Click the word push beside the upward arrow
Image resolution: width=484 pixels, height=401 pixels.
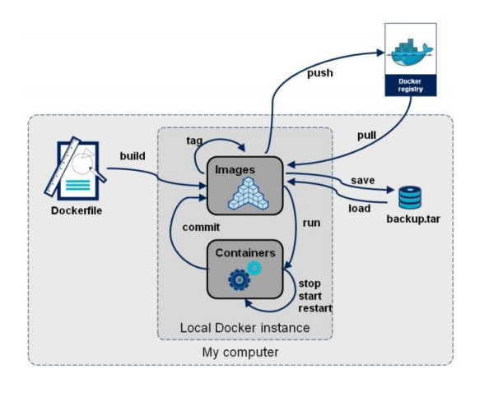pyautogui.click(x=320, y=73)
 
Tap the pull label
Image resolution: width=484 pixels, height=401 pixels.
pyautogui.click(x=367, y=136)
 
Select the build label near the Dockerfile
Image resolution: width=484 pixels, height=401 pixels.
pyautogui.click(x=133, y=156)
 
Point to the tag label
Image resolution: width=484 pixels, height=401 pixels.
pyautogui.click(x=194, y=141)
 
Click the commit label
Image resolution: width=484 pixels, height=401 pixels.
pyautogui.click(x=201, y=228)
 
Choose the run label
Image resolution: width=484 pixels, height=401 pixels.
pyautogui.click(x=311, y=223)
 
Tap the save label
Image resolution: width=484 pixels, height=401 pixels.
pyautogui.click(x=363, y=180)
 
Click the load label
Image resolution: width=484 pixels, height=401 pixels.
pyautogui.click(x=360, y=209)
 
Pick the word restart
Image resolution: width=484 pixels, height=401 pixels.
pyautogui.click(x=315, y=308)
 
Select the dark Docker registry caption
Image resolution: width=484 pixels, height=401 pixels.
pyautogui.click(x=411, y=85)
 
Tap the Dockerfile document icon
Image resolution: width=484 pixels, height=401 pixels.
pyautogui.click(x=76, y=168)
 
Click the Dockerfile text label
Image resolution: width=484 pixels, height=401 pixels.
pyautogui.click(x=77, y=211)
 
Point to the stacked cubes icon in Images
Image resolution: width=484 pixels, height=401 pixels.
pyautogui.click(x=249, y=194)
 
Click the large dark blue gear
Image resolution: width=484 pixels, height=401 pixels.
pyautogui.click(x=239, y=279)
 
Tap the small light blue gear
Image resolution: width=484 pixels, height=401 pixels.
pyautogui.click(x=254, y=268)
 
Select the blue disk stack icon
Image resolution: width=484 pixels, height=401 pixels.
pyautogui.click(x=410, y=197)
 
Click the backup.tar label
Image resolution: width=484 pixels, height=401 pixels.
pyautogui.click(x=413, y=219)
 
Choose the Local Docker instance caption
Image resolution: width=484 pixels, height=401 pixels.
pyautogui.click(x=244, y=328)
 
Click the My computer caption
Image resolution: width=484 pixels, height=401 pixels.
pyautogui.click(x=240, y=353)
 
